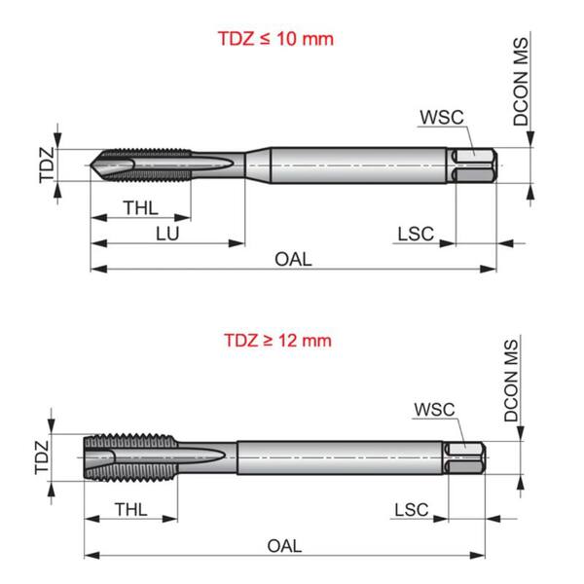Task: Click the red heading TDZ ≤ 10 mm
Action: click(275, 39)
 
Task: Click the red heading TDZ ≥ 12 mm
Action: click(277, 341)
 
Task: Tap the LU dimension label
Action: click(167, 234)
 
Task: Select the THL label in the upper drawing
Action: click(141, 208)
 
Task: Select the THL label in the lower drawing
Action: click(130, 509)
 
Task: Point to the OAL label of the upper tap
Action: click(293, 259)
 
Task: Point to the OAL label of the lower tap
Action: click(284, 546)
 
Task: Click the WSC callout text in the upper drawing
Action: click(442, 118)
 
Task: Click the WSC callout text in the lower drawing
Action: click(434, 410)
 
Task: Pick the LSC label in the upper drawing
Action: click(416, 234)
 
